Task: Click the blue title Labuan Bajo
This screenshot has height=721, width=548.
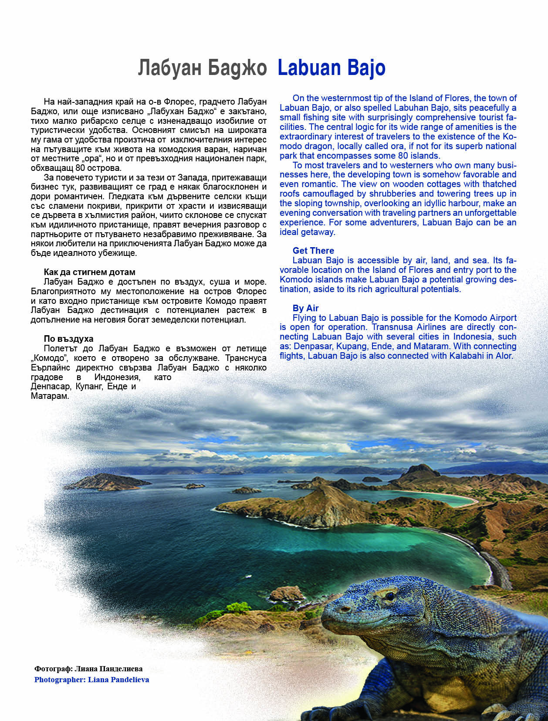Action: click(x=331, y=68)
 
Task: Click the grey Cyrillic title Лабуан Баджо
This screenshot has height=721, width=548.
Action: click(x=202, y=68)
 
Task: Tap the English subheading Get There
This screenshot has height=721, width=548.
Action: click(x=313, y=251)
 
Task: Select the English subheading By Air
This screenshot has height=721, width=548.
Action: click(x=305, y=308)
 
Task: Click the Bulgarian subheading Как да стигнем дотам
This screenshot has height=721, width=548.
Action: click(x=89, y=272)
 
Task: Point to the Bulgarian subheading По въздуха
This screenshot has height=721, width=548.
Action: click(x=68, y=339)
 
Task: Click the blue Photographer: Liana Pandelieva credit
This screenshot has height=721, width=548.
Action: click(x=91, y=680)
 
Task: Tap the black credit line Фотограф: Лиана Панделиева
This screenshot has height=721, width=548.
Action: click(x=88, y=669)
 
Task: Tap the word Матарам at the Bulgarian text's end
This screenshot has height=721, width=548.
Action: click(x=50, y=396)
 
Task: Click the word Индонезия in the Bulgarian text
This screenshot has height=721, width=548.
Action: click(x=117, y=377)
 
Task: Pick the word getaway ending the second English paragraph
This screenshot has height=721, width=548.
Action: click(x=319, y=232)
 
